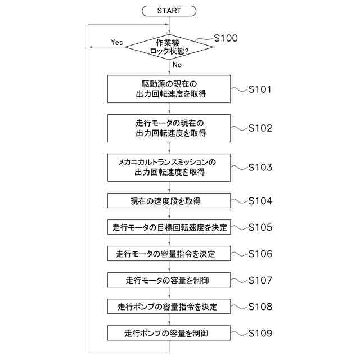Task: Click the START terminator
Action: [x=169, y=11]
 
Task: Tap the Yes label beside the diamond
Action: [x=117, y=42]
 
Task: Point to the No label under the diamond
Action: [x=177, y=65]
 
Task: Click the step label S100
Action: [x=226, y=38]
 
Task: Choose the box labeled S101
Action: [x=169, y=89]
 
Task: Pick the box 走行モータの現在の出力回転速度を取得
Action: [x=169, y=128]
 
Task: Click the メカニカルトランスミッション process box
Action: [x=169, y=167]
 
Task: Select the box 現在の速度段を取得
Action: [x=169, y=201]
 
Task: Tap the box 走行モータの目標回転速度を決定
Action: [x=169, y=228]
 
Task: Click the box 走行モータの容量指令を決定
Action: [x=169, y=254]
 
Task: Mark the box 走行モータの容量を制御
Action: [x=169, y=280]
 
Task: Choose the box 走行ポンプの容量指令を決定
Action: [x=169, y=307]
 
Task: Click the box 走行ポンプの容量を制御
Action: [x=169, y=334]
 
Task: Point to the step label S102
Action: [x=260, y=128]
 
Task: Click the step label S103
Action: [x=260, y=167]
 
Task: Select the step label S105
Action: [x=260, y=227]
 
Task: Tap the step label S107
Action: [x=260, y=280]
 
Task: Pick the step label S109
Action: [x=260, y=333]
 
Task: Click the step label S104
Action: [x=260, y=201]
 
